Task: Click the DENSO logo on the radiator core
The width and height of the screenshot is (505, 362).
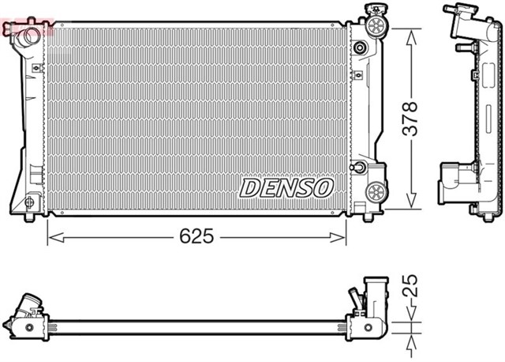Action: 286,187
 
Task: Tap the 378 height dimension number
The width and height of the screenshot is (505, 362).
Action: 410,119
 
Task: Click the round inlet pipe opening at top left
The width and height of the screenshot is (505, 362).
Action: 29,36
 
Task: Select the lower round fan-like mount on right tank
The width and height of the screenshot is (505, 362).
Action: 377,191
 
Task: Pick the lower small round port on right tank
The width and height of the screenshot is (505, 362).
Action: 360,168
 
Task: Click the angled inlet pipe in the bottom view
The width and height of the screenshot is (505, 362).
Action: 29,305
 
